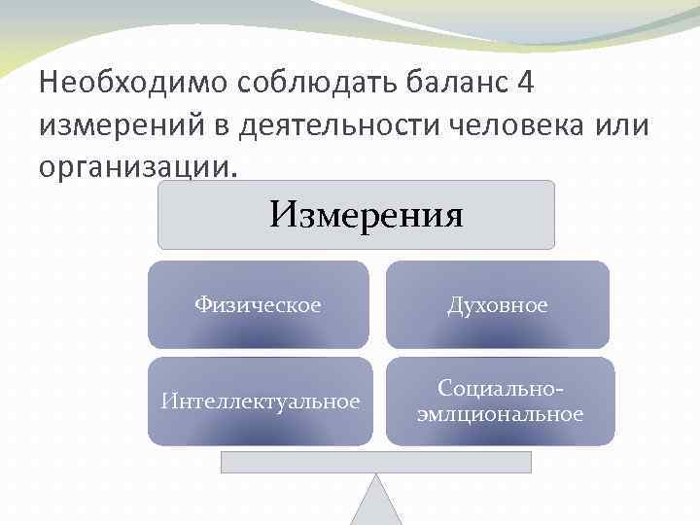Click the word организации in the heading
[x=135, y=166]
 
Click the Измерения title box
[x=356, y=215]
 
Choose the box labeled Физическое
[x=258, y=304]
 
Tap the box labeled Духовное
[x=497, y=304]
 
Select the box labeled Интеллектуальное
[x=260, y=401]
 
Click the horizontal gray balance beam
[x=375, y=462]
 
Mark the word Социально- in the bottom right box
[x=501, y=388]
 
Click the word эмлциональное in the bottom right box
[x=501, y=414]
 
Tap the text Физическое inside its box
[x=258, y=305]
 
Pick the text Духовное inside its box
[x=497, y=305]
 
